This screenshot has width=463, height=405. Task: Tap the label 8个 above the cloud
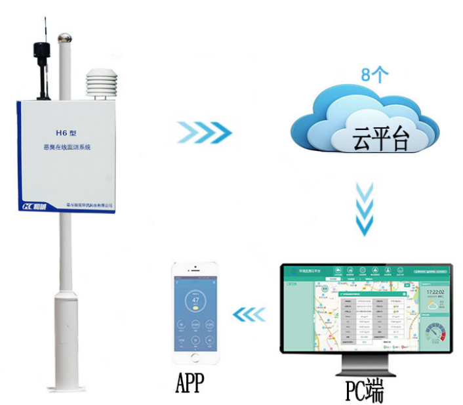coord(375,74)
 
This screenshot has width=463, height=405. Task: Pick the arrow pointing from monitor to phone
coord(250,315)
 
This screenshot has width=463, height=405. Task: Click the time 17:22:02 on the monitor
coord(436,292)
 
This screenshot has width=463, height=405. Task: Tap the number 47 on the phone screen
coord(195,301)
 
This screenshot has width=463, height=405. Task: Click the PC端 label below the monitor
coord(365,390)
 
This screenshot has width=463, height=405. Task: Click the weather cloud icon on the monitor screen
coord(434,305)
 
